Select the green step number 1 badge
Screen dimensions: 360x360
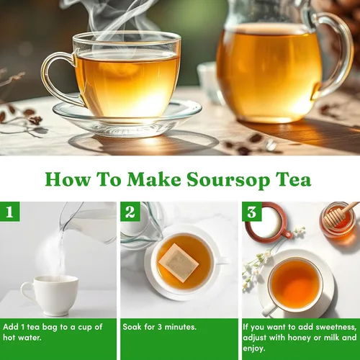click(x=9, y=212)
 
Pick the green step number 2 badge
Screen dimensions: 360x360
click(x=130, y=212)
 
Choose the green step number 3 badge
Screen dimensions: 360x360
click(x=252, y=212)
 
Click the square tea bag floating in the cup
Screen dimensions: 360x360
click(x=179, y=262)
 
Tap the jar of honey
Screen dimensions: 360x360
click(x=338, y=220)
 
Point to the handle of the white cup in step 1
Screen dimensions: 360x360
click(x=26, y=294)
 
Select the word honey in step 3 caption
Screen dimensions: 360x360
click(x=300, y=338)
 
